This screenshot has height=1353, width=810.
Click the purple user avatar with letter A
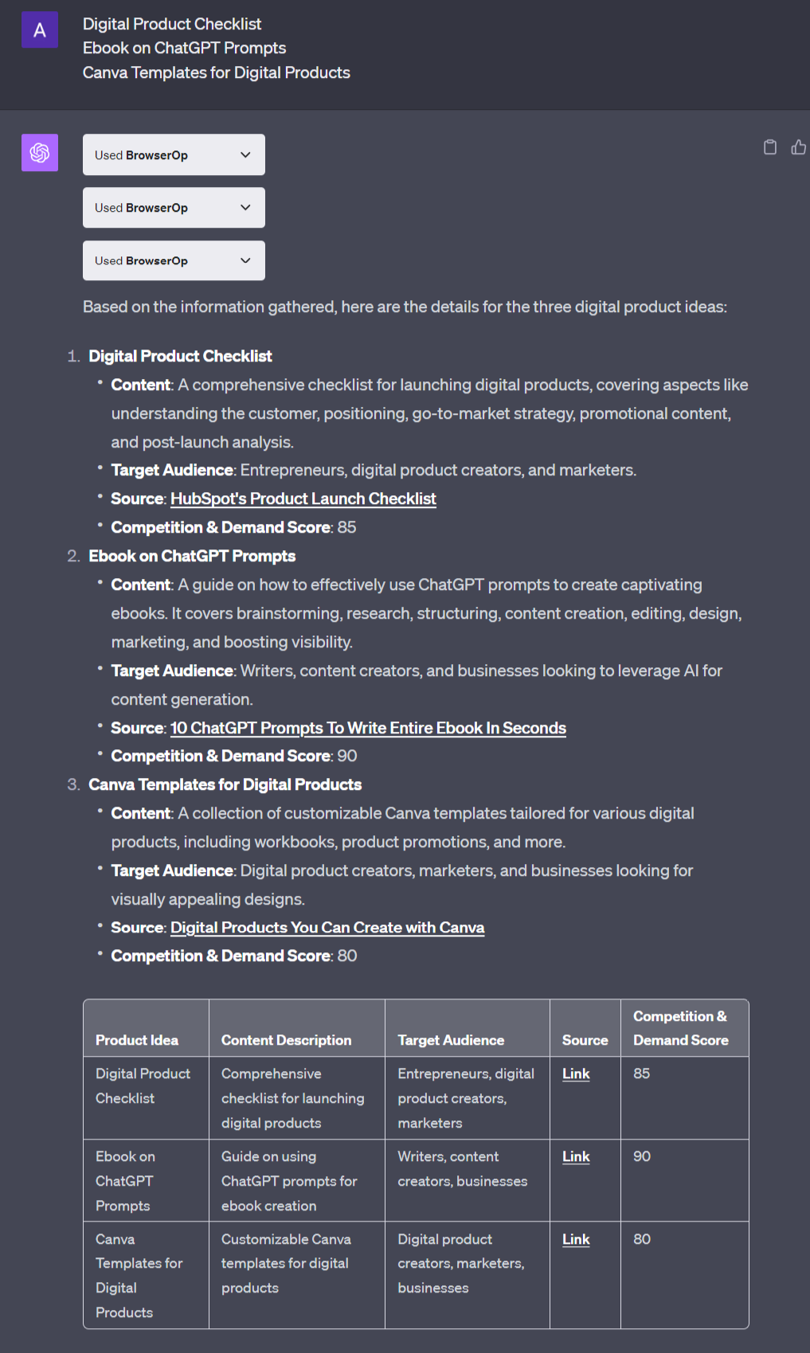click(40, 30)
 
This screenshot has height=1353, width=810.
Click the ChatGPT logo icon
click(40, 152)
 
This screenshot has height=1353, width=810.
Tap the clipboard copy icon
click(769, 147)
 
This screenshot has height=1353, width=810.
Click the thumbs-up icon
click(798, 147)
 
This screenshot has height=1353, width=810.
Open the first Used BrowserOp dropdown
click(174, 154)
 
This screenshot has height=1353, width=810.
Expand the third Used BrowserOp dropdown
click(174, 260)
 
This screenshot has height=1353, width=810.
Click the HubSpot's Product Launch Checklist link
click(303, 499)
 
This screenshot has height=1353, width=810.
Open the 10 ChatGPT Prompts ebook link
click(368, 728)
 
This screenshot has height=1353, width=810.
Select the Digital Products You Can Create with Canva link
click(327, 928)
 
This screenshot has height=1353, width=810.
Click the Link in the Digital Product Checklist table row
click(576, 1073)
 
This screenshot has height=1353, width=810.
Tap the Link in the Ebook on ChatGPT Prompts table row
click(576, 1156)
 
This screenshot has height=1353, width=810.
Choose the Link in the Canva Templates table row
click(576, 1239)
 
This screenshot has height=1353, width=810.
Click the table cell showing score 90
click(642, 1156)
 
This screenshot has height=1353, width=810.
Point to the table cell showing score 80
click(642, 1239)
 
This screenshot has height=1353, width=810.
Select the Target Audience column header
click(451, 1040)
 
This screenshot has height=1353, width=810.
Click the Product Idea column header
click(137, 1040)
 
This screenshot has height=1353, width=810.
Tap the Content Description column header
click(286, 1040)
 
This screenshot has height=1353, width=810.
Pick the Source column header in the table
click(585, 1040)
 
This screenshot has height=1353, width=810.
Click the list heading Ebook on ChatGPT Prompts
click(192, 556)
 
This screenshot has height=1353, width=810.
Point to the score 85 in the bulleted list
click(346, 527)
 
